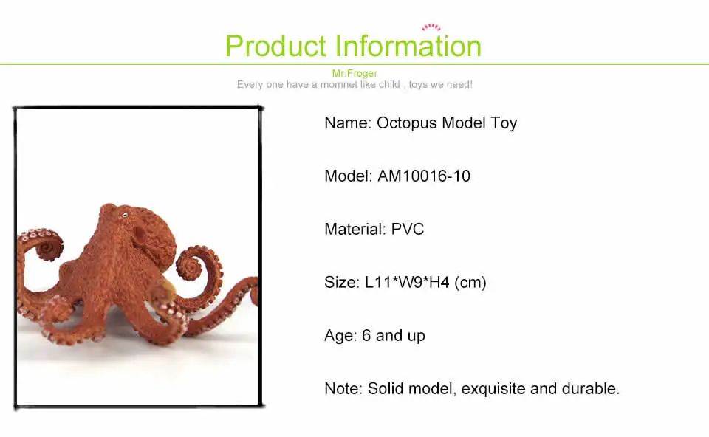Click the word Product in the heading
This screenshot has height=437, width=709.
click(275, 47)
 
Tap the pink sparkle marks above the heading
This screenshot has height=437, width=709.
click(431, 27)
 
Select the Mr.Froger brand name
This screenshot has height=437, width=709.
click(354, 73)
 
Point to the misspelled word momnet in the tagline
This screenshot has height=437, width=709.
click(339, 84)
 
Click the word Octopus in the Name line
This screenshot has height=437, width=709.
click(407, 123)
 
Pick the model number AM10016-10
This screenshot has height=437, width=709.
click(424, 176)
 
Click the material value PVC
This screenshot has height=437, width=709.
click(408, 229)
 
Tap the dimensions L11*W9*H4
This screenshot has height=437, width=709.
click(407, 283)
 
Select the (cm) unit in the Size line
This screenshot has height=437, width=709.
click(470, 283)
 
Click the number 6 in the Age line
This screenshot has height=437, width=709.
click(366, 335)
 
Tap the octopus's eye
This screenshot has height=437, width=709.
click(125, 216)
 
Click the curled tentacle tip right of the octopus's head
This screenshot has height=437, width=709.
click(191, 266)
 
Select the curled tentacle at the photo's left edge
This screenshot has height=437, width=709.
click(40, 245)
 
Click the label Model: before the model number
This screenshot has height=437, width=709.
click(348, 176)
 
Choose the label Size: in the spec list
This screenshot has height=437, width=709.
click(342, 283)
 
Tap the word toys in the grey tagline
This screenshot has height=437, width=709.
click(418, 84)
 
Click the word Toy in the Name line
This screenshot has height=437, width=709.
click(504, 123)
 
